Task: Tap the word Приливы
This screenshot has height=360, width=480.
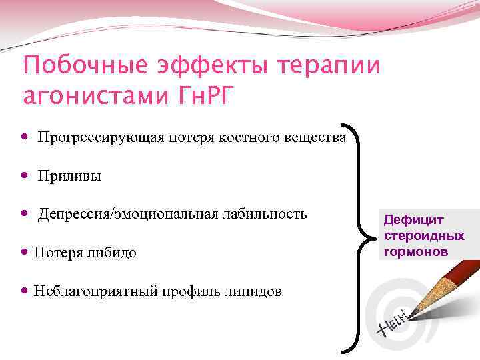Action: pos(70,177)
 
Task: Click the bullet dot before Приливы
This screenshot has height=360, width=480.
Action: pos(25,177)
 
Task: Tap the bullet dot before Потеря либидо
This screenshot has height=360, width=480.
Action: pos(25,252)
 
